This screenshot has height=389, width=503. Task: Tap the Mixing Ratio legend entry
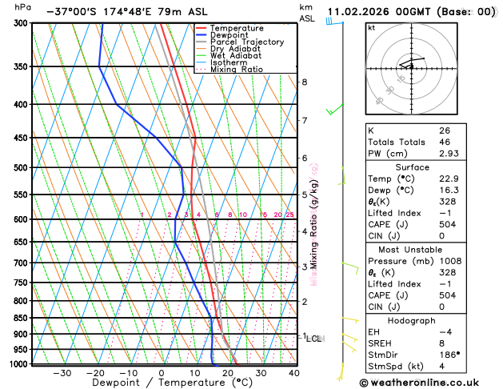tap(237, 70)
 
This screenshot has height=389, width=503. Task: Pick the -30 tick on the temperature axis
tap(61, 372)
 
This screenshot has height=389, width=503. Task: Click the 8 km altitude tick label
tap(304, 82)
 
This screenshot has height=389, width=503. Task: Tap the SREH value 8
tap(442, 343)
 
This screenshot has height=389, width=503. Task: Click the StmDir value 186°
tap(449, 355)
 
